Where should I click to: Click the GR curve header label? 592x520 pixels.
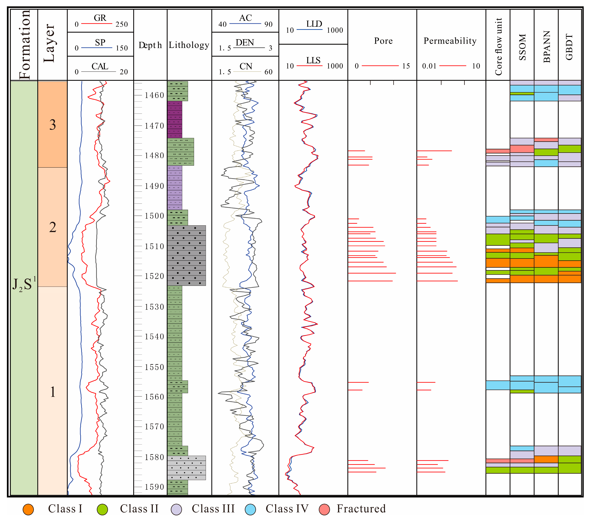[100, 18]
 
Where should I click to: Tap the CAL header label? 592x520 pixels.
[100, 67]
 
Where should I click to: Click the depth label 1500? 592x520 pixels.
[154, 216]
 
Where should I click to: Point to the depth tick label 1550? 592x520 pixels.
[154, 367]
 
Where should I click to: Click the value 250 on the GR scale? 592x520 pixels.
[122, 24]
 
